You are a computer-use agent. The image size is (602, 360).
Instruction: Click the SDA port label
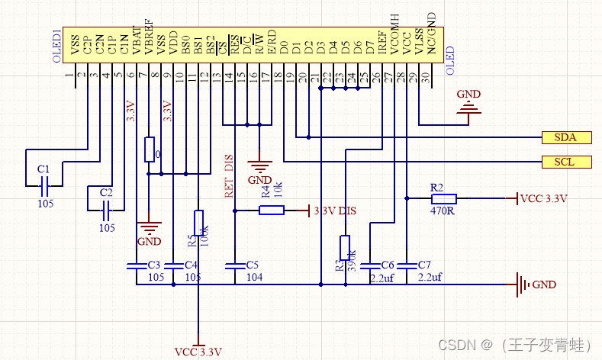(565, 137)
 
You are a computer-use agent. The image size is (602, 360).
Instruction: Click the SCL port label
(565, 162)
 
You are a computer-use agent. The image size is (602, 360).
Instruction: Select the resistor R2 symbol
(437, 198)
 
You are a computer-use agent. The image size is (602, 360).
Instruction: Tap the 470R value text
(442, 211)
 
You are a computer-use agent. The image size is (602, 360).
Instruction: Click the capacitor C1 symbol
(44, 184)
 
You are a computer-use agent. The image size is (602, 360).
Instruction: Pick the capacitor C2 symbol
(108, 207)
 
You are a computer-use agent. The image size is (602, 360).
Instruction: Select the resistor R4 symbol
(272, 210)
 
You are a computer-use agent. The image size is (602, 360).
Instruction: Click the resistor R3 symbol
(345, 248)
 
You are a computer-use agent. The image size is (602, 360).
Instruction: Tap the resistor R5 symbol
(198, 222)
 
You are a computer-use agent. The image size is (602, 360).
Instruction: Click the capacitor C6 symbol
(370, 265)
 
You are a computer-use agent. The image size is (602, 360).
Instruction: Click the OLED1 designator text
(56, 45)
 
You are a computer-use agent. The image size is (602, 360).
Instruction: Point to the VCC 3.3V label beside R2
(544, 198)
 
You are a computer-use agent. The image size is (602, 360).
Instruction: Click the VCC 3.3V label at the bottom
(198, 352)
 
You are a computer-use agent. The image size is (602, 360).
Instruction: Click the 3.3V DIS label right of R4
(336, 211)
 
